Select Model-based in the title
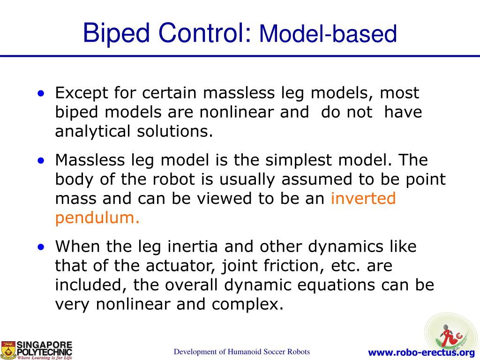[328, 35]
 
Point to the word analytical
[93, 132]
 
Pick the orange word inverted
[363, 199]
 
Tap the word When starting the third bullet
[78, 246]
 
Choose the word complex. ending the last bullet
[247, 305]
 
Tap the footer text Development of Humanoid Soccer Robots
[242, 352]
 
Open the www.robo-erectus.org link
[421, 352]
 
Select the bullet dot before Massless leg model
[42, 160]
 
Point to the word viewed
[223, 199]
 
